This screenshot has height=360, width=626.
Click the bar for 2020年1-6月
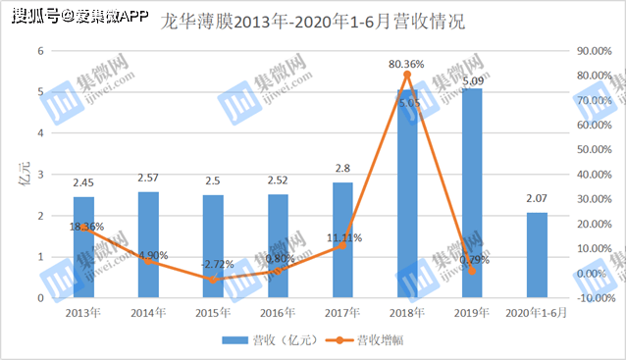[x=537, y=255]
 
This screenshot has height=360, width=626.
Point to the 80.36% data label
[x=406, y=64]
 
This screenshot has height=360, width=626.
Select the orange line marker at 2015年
[x=214, y=280]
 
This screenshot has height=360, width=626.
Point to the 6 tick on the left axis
[x=41, y=51]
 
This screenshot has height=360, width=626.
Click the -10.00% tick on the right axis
[x=593, y=298]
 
